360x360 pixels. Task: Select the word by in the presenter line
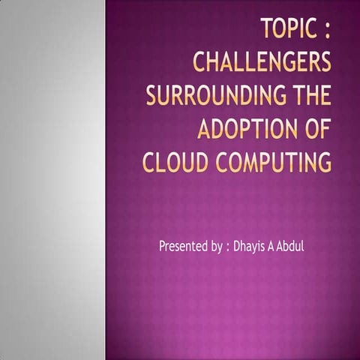[212, 246]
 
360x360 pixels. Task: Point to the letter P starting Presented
[162, 245]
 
